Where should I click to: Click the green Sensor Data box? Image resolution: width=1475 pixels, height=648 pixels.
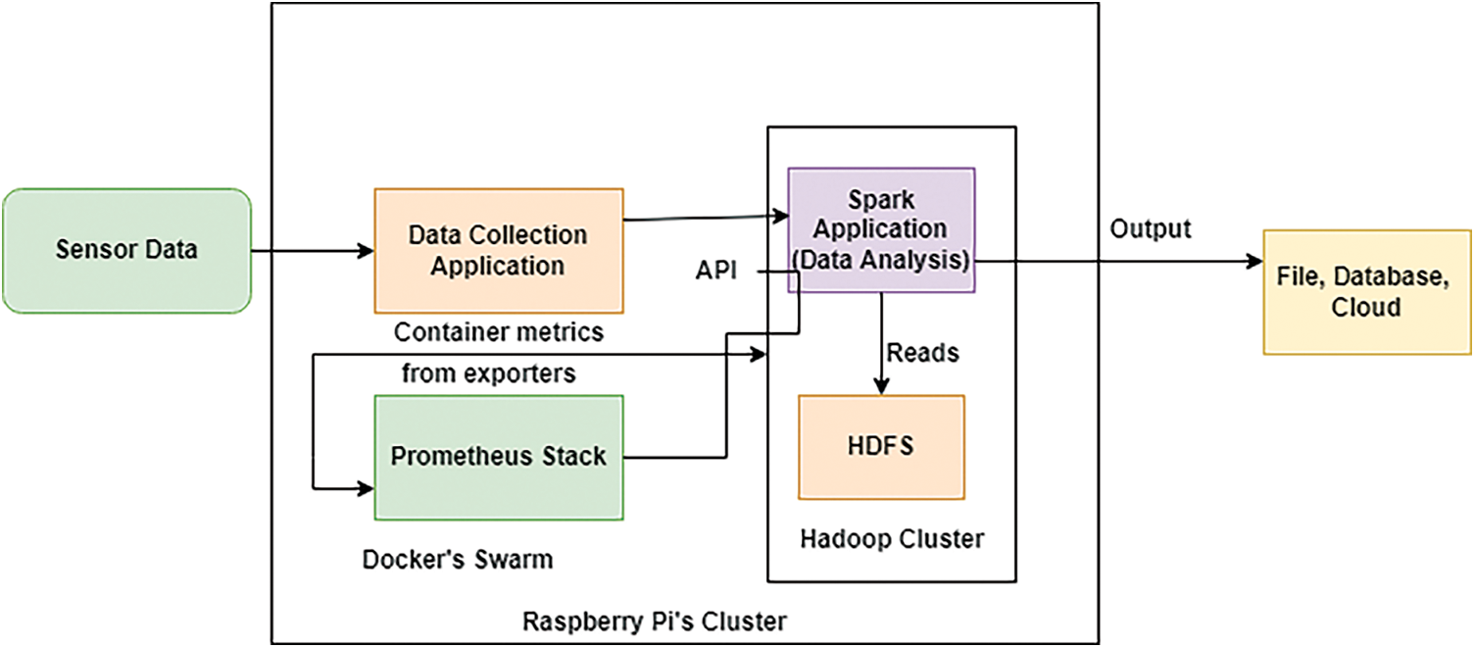tap(126, 250)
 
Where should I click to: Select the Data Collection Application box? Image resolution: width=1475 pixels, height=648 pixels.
tap(499, 250)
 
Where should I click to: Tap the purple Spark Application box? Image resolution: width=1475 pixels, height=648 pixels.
tap(882, 229)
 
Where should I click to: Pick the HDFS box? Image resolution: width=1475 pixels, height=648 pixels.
tap(882, 447)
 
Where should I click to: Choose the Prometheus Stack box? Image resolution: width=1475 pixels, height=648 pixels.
tap(499, 457)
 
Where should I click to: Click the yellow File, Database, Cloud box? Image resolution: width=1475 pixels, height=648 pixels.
tap(1366, 291)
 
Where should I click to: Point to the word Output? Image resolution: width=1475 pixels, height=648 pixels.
tap(1150, 229)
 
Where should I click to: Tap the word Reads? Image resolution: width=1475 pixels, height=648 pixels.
tap(922, 352)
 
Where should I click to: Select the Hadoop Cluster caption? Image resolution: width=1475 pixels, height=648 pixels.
tap(892, 538)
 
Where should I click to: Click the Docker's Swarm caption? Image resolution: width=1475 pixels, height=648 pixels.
tap(458, 560)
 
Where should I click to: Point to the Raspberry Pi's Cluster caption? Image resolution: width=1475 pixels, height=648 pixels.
tap(655, 622)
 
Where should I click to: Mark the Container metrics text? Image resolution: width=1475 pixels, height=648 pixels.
tap(499, 332)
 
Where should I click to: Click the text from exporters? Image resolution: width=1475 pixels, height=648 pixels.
tap(488, 374)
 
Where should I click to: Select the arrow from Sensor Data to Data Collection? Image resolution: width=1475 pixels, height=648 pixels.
tap(313, 251)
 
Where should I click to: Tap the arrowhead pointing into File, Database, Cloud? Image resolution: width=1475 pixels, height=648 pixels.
tap(1254, 262)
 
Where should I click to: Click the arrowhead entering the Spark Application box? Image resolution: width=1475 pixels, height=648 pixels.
tap(783, 216)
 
